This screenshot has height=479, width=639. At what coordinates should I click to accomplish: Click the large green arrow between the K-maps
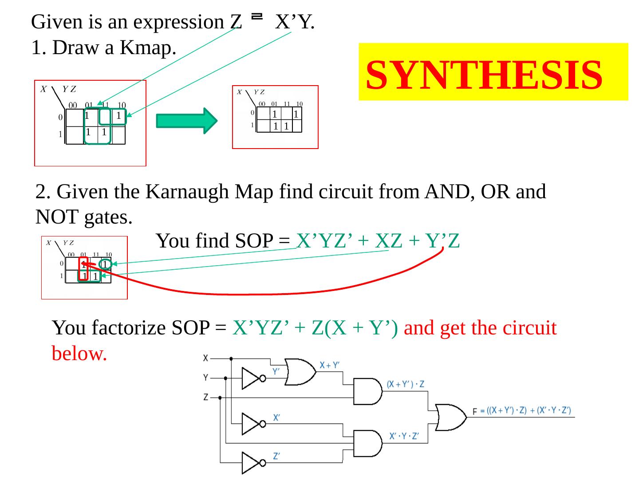coord(186,120)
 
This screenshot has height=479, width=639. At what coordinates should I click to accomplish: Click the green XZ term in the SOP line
coord(388,241)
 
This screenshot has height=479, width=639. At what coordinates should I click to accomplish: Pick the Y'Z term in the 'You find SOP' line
coord(442,241)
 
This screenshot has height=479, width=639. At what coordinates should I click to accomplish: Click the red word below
coord(79,353)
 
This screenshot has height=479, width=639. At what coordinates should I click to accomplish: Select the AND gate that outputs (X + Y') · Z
coord(367,392)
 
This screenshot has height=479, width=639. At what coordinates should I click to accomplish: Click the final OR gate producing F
coord(450,417)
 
